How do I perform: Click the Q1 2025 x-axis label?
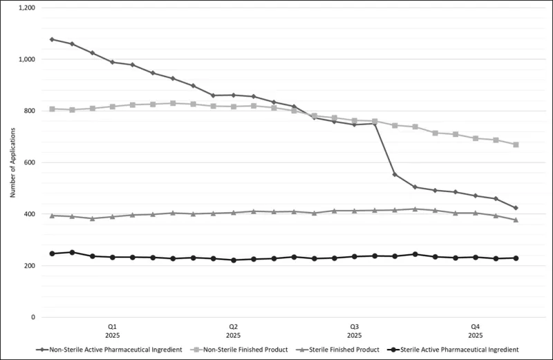click(x=112, y=330)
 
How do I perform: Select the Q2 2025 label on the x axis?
click(x=233, y=330)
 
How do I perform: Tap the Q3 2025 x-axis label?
click(x=354, y=330)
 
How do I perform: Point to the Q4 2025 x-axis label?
click(x=476, y=330)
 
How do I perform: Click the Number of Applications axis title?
click(x=12, y=163)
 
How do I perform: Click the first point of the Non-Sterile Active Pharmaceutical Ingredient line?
click(x=52, y=39)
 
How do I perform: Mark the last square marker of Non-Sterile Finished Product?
click(x=516, y=144)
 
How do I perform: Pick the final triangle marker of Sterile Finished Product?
click(x=516, y=220)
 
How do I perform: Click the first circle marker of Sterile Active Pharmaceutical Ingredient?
click(x=52, y=254)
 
